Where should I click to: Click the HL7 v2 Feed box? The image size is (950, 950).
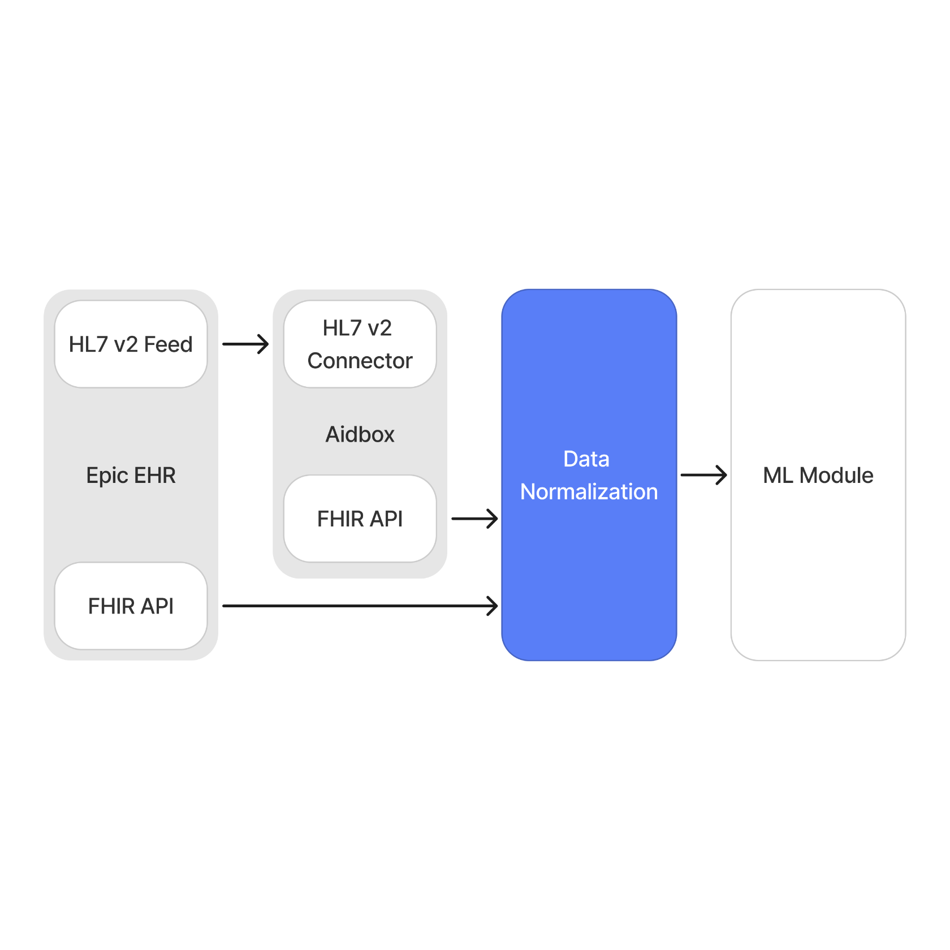(131, 344)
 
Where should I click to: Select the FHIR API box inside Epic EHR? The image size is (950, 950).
(131, 606)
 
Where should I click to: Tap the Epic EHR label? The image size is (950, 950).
(131, 476)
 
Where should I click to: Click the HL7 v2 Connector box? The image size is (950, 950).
(360, 344)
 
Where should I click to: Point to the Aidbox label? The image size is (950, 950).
(360, 434)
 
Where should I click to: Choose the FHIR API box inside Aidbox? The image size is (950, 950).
(360, 519)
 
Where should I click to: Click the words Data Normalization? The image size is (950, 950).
(589, 476)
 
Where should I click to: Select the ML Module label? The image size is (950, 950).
(818, 476)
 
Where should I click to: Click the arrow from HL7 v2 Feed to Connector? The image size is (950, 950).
(245, 344)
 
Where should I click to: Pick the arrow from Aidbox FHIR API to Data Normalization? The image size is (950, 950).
(474, 519)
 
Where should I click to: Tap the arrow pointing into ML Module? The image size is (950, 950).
(703, 475)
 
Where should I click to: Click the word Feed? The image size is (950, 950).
(168, 344)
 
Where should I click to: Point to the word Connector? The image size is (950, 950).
(360, 361)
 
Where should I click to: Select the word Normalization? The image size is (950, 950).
(589, 492)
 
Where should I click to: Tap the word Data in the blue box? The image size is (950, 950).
(586, 459)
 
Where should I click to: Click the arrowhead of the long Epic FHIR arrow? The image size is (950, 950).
(493, 606)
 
